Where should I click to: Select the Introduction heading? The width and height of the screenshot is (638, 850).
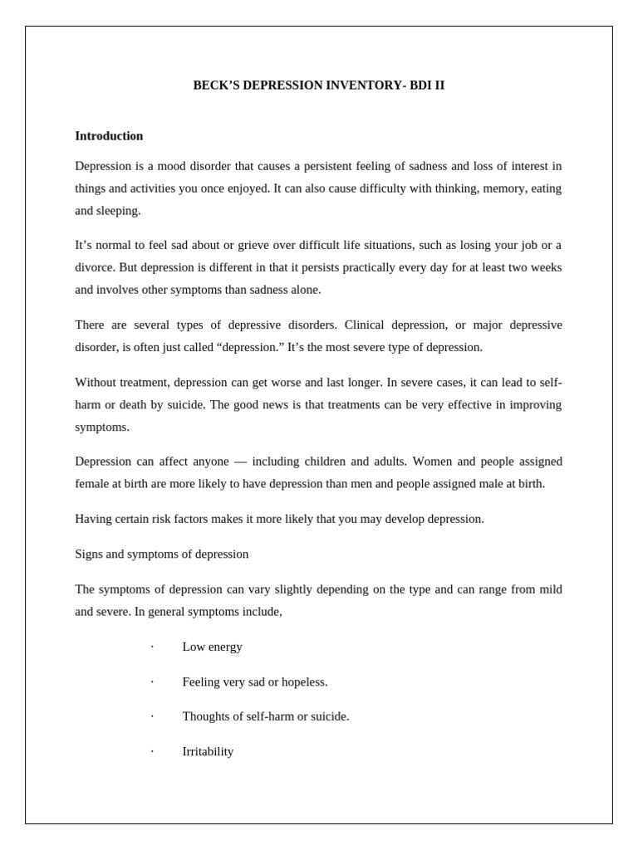(109, 136)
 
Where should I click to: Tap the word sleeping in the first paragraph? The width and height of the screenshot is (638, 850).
(119, 211)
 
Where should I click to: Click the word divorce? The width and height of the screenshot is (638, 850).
(95, 268)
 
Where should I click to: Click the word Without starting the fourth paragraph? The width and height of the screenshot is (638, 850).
(97, 382)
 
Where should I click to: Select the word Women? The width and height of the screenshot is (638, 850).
(432, 462)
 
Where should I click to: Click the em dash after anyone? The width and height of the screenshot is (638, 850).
(240, 462)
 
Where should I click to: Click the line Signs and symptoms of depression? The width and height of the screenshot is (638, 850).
(161, 554)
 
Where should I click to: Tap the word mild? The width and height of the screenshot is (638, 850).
(548, 589)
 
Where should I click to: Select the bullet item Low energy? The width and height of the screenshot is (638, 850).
(212, 647)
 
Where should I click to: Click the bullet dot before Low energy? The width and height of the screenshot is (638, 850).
(152, 647)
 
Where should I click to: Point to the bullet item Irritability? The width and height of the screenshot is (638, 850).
(208, 752)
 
